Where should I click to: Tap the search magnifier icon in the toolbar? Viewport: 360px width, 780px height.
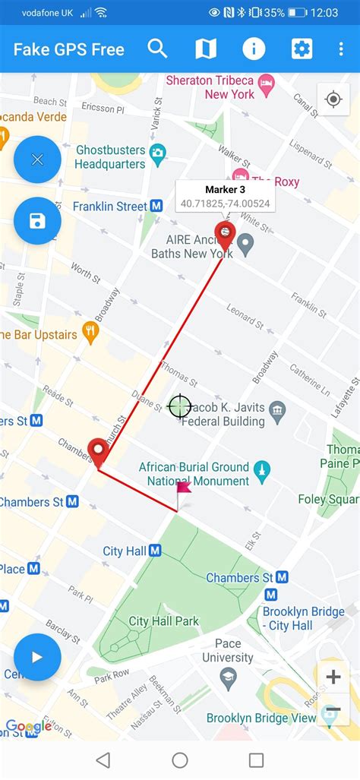pyautogui.click(x=157, y=49)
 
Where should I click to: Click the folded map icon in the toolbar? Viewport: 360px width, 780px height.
pyautogui.click(x=205, y=49)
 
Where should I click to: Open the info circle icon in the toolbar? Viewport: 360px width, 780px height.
pyautogui.click(x=254, y=49)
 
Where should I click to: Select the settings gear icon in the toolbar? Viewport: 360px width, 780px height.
pyautogui.click(x=302, y=49)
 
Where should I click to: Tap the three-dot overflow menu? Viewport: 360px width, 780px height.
pyautogui.click(x=341, y=49)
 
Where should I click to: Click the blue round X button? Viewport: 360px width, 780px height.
pyautogui.click(x=37, y=159)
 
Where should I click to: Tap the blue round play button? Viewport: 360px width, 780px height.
pyautogui.click(x=37, y=657)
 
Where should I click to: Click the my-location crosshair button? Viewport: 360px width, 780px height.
pyautogui.click(x=333, y=99)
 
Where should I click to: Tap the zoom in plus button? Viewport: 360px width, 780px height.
pyautogui.click(x=333, y=677)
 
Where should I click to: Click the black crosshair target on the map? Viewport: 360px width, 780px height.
pyautogui.click(x=179, y=406)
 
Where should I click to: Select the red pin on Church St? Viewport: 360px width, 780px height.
pyautogui.click(x=98, y=453)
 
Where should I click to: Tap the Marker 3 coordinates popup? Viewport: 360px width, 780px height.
pyautogui.click(x=226, y=196)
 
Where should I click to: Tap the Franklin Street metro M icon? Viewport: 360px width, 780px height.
pyautogui.click(x=156, y=206)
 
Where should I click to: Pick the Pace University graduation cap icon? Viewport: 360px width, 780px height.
pyautogui.click(x=228, y=675)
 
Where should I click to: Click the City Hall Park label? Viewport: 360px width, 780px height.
pyautogui.click(x=163, y=621)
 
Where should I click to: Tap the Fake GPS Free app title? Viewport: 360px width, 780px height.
pyautogui.click(x=68, y=50)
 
